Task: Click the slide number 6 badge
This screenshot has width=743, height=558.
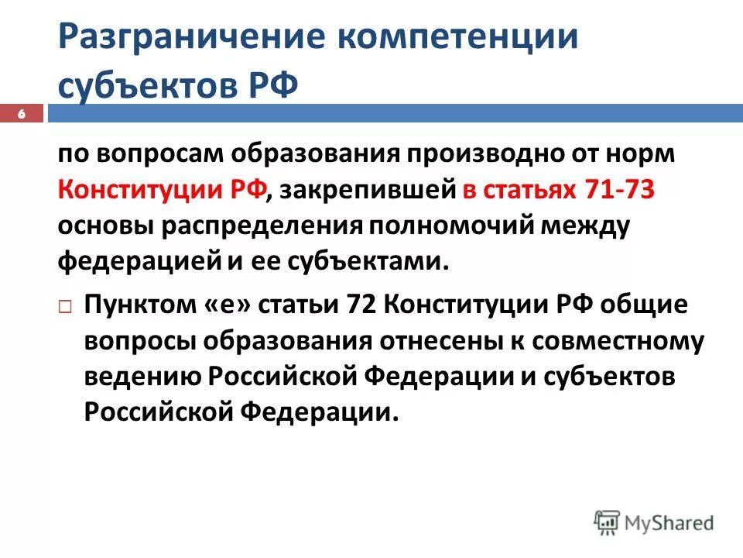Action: tap(22, 114)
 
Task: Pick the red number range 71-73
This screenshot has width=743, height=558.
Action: tap(618, 190)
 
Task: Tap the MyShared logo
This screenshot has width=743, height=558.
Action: tap(654, 521)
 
